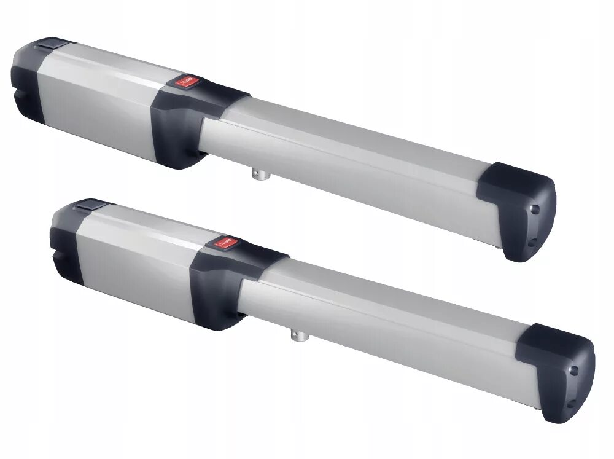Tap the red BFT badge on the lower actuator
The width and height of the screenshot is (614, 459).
point(222,243)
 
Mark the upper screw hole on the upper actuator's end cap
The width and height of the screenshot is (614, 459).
point(535,209)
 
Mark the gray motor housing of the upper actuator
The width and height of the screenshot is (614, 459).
point(98,98)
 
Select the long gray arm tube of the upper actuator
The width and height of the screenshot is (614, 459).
point(350,154)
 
